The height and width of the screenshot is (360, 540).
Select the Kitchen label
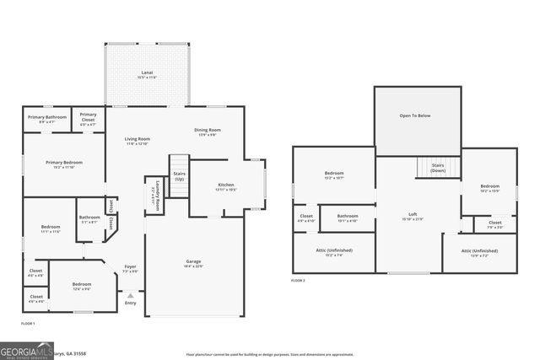click(225, 186)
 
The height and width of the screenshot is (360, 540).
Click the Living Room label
click(138, 141)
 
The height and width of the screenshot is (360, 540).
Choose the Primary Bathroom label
click(47, 119)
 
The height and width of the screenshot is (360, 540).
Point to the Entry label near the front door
click(130, 304)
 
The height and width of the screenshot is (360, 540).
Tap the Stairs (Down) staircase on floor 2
click(438, 167)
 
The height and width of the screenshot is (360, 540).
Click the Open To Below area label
click(418, 116)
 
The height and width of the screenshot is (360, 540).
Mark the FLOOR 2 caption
click(299, 280)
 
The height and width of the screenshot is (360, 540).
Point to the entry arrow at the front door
click(130, 295)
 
